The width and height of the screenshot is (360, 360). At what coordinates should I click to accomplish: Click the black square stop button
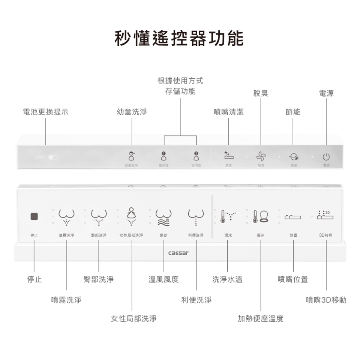click(x=34, y=217)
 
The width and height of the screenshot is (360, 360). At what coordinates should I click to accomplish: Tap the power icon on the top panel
click(x=326, y=156)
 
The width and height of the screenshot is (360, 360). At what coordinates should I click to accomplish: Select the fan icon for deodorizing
click(x=261, y=156)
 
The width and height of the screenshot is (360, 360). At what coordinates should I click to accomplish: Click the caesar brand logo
click(x=178, y=253)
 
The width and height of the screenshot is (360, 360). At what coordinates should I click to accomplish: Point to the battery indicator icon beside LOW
click(x=52, y=157)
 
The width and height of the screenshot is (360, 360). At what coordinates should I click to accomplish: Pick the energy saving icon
click(x=293, y=156)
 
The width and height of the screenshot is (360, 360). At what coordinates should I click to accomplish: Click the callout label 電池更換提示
click(x=45, y=112)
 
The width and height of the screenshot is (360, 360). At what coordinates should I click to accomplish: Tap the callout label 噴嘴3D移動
click(x=326, y=300)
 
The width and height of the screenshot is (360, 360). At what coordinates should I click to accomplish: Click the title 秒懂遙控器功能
click(x=180, y=39)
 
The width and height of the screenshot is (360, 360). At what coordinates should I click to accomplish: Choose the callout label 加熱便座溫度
click(x=260, y=319)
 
